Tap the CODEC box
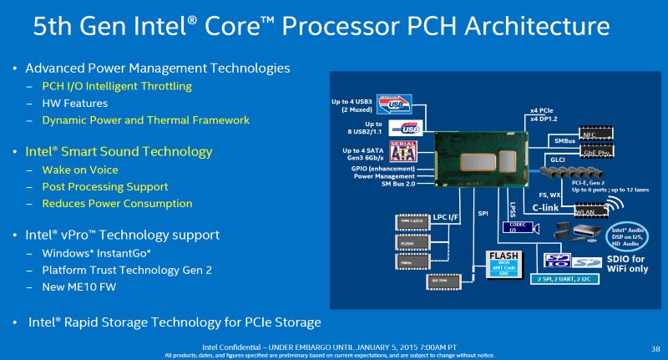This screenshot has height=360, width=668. tap(513, 226)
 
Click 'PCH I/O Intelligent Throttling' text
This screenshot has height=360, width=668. tap(117, 86)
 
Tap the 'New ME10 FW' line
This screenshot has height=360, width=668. tap(80, 286)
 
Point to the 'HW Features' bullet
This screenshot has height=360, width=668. tap(74, 103)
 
